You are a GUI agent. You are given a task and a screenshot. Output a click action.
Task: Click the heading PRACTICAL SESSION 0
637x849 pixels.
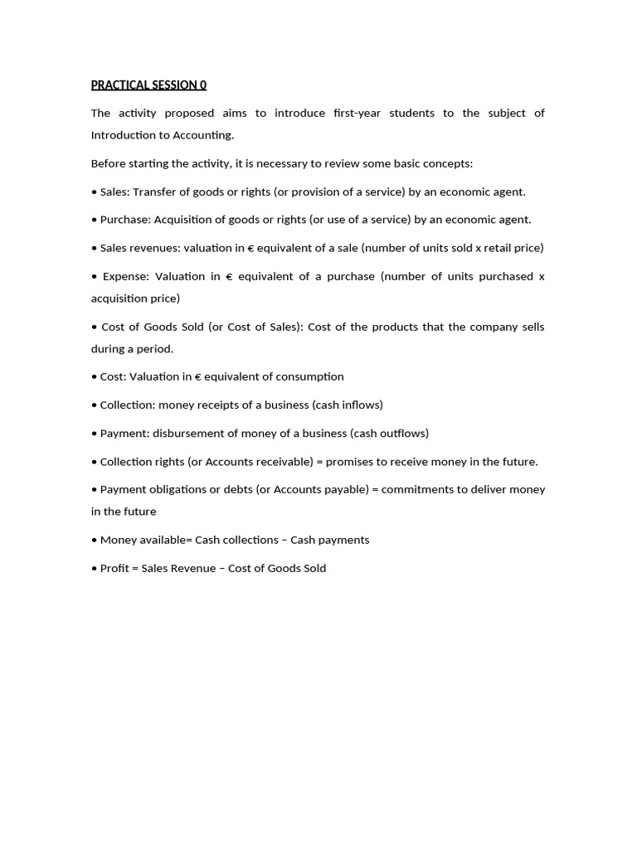point(148,85)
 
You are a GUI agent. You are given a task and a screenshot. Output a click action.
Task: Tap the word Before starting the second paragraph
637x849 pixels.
point(110,163)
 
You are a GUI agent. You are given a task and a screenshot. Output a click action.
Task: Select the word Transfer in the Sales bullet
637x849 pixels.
point(155,192)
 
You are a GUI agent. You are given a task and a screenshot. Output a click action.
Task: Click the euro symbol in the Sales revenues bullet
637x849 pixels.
point(250,248)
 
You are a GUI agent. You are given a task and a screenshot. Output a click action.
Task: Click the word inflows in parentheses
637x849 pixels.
point(362,405)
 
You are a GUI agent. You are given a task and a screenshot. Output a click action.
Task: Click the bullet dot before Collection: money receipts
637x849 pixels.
point(95,405)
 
